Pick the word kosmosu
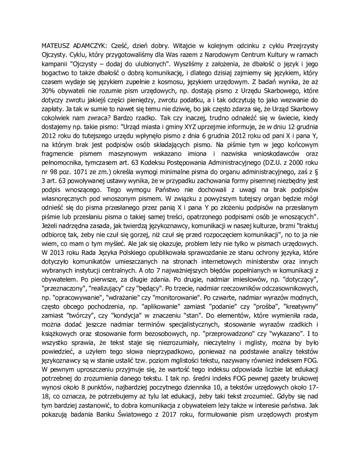click(x=174, y=80)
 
